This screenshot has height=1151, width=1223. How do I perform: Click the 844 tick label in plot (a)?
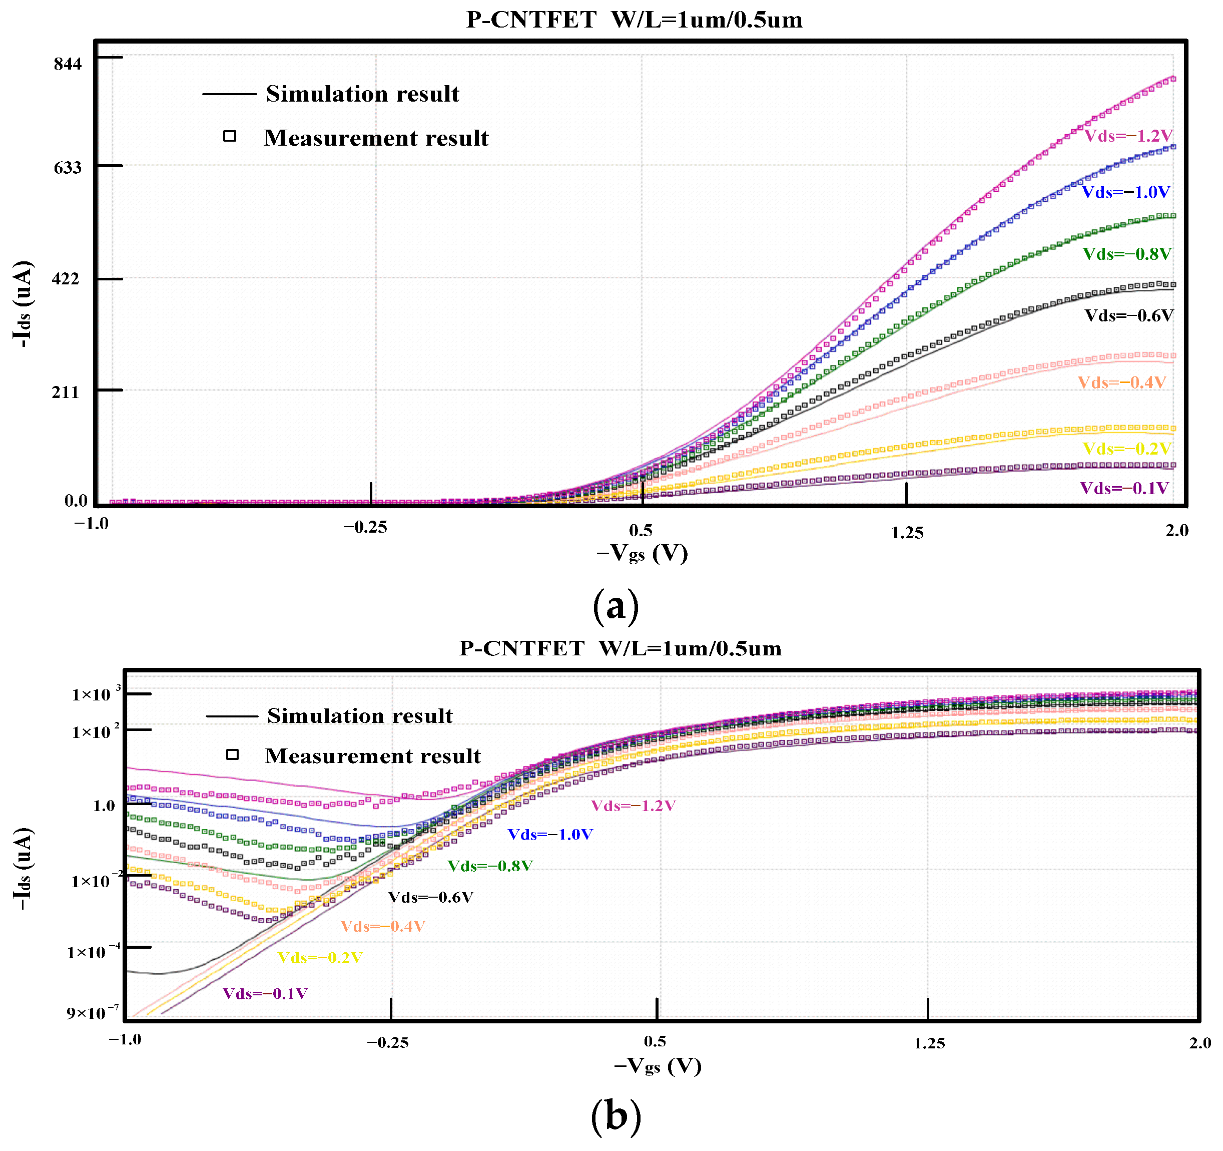click(68, 64)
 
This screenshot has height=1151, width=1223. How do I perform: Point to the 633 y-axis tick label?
click(68, 167)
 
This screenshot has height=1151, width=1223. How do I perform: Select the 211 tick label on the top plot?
click(66, 392)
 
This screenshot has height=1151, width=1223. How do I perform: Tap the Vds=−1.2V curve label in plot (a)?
click(1127, 136)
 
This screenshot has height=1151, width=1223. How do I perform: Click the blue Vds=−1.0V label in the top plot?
click(1125, 192)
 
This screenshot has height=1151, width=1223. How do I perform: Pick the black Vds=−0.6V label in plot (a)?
click(1128, 316)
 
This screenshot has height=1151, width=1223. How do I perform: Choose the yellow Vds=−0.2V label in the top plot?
click(1126, 448)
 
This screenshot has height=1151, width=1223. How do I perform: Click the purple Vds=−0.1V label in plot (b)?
click(265, 993)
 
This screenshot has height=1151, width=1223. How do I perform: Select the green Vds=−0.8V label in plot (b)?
click(490, 866)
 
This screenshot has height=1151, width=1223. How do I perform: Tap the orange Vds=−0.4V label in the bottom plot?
click(383, 926)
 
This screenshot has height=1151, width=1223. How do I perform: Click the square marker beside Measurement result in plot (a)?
click(230, 136)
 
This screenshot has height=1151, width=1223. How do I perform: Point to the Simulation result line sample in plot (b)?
click(232, 716)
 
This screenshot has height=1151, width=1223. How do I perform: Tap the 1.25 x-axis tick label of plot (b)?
click(929, 1043)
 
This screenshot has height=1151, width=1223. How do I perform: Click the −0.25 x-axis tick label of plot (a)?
click(365, 527)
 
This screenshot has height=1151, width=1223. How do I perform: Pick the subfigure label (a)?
click(615, 606)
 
